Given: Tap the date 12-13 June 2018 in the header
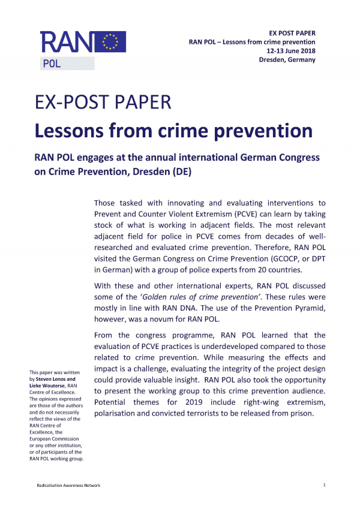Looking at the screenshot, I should tap(291, 51).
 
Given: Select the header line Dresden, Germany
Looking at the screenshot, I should tap(287, 60).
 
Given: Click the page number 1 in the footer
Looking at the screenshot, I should tap(324, 484).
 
